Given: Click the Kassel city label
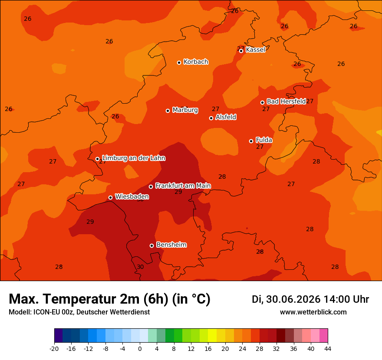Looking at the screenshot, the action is (x=255, y=49).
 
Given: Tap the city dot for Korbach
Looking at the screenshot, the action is (x=179, y=62).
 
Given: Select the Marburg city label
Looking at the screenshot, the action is (x=185, y=110).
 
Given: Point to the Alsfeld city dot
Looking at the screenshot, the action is (x=211, y=118).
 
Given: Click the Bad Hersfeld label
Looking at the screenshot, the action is (x=286, y=101).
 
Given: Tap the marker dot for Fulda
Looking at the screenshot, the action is (x=251, y=141).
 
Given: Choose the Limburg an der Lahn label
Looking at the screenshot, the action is (x=134, y=158).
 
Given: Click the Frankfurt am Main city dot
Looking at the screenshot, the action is (x=151, y=187).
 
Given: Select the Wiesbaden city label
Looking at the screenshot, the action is (x=132, y=196).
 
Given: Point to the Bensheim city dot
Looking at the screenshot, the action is (x=151, y=245).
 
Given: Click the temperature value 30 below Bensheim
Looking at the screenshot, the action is (x=140, y=267).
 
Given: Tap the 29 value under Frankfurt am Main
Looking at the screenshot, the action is (x=178, y=192).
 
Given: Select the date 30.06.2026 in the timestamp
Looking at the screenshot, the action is (x=293, y=299).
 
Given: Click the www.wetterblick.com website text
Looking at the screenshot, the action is (x=313, y=312).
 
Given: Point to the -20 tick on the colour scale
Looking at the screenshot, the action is (x=54, y=349).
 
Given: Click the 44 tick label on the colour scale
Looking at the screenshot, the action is (x=328, y=349).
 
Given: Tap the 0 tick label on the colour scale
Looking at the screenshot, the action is (x=140, y=349).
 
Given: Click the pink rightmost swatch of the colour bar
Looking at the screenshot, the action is (x=323, y=335).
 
